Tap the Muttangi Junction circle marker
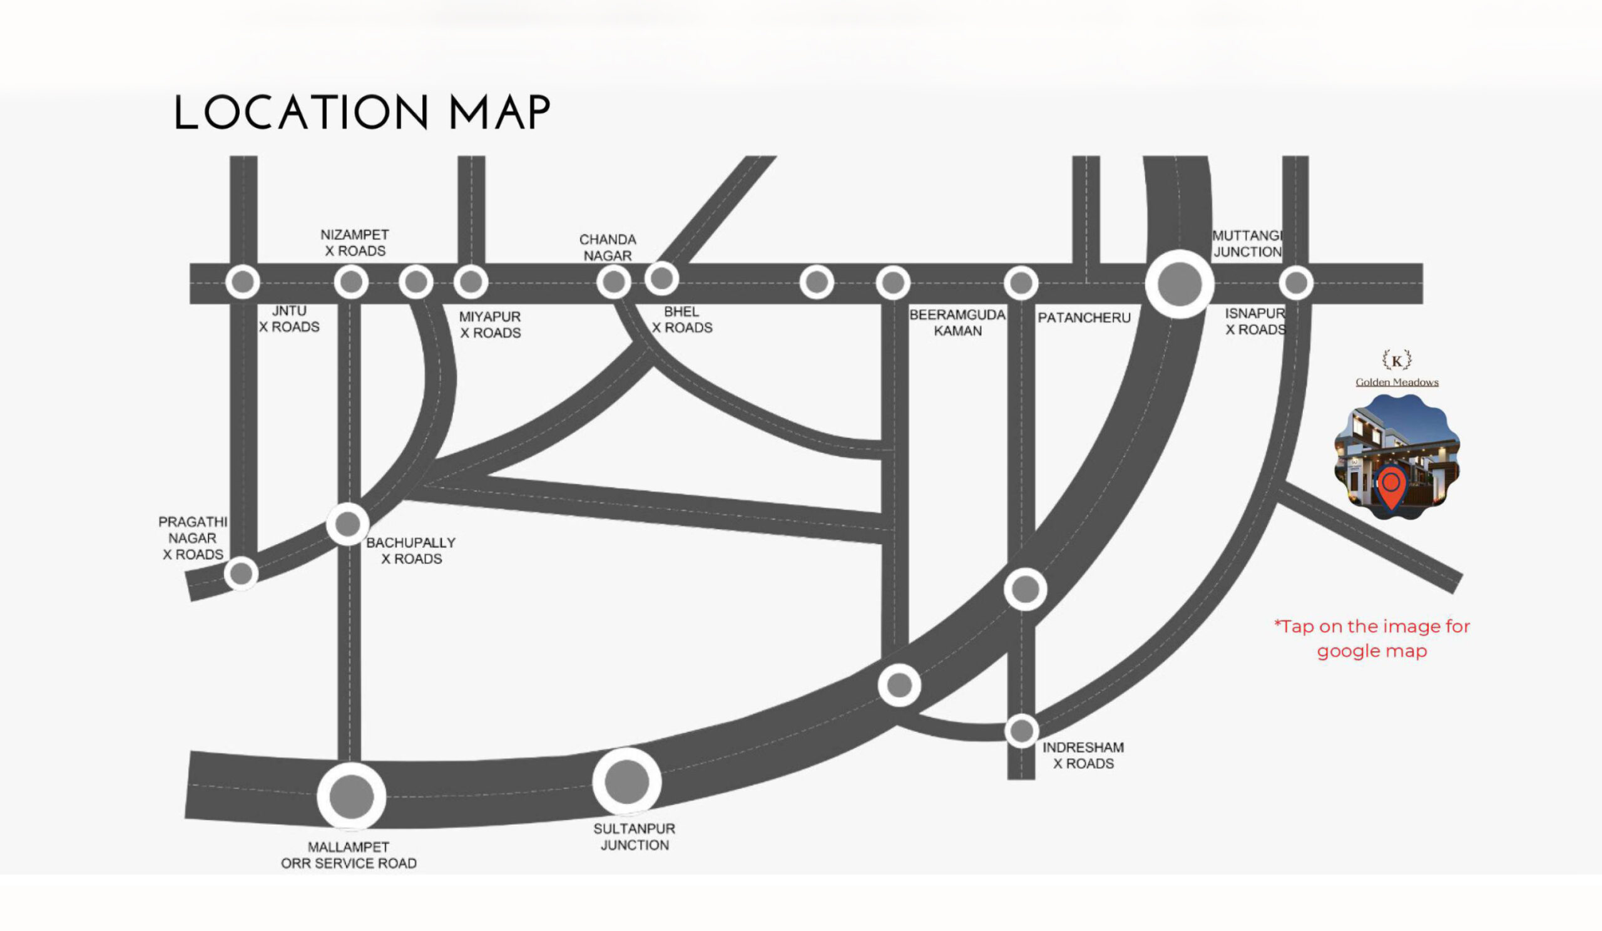coord(1179,284)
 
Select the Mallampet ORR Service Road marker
coord(351,796)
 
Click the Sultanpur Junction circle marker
coord(627,781)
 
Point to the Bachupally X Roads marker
coord(348,524)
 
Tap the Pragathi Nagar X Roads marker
coord(242,574)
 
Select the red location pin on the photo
coord(1390,486)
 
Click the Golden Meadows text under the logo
coord(1397,382)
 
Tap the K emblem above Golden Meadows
coord(1397,361)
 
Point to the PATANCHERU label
coord(1084,318)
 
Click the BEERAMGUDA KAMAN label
coord(957,323)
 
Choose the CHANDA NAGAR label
coord(607,248)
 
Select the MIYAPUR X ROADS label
coord(490,325)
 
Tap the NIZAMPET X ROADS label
coord(355,243)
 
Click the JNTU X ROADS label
coord(289,319)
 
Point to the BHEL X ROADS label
coord(681,320)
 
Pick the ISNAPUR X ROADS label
coord(1255,322)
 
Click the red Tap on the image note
coord(1372,639)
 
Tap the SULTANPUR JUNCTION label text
coord(635,837)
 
